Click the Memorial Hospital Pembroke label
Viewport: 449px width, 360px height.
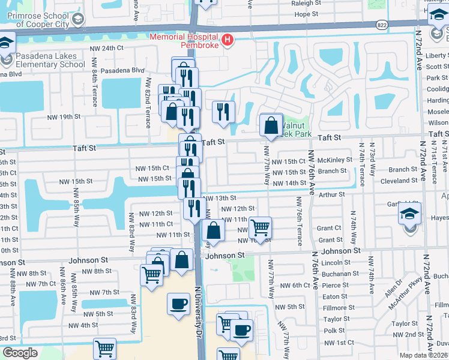pos(184,41)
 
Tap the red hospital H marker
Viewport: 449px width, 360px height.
pos(228,41)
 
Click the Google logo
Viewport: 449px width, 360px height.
pos(20,353)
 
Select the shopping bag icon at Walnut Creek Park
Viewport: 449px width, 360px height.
pos(271,125)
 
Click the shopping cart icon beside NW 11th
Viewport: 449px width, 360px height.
pos(260,228)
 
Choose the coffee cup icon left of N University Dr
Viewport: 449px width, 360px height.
pos(178,304)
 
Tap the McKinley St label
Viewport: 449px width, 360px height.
pos(335,160)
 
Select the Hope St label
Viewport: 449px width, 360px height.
pos(306,14)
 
